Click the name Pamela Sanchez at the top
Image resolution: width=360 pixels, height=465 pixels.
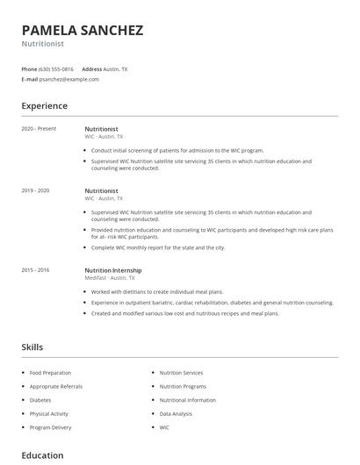82,30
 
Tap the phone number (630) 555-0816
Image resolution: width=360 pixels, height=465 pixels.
57,68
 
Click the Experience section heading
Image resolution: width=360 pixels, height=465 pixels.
44,106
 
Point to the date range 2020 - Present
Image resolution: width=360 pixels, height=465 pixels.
39,129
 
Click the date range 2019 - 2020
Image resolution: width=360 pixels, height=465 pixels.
35,190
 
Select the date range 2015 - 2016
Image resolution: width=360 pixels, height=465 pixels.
35,270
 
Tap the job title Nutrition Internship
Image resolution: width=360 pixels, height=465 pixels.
112,270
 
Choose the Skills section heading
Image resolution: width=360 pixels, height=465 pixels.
32,347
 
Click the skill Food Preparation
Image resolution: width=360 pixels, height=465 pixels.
50,373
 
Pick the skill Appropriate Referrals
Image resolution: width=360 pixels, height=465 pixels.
55,386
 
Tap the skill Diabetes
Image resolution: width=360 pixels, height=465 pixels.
41,399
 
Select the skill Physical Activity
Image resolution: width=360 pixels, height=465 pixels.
48,413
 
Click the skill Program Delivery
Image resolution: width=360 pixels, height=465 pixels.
50,427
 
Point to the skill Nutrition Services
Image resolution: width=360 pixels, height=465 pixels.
181,373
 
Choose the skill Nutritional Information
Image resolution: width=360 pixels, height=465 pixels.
187,399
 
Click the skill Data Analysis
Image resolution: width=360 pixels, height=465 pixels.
176,413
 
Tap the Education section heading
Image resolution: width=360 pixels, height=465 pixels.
42,455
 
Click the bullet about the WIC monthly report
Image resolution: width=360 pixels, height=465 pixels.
158,247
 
